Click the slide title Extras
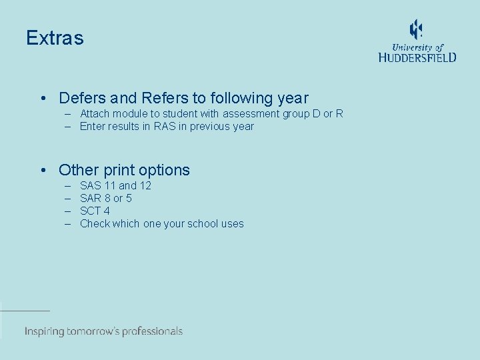(55, 38)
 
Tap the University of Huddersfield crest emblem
(416, 29)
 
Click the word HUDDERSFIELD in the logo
(417, 57)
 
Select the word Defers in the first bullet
(79, 98)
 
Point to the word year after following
(293, 98)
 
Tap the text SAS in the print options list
(91, 185)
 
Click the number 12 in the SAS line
(145, 185)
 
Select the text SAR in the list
(91, 198)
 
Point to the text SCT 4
(95, 211)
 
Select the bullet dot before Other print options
(43, 171)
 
